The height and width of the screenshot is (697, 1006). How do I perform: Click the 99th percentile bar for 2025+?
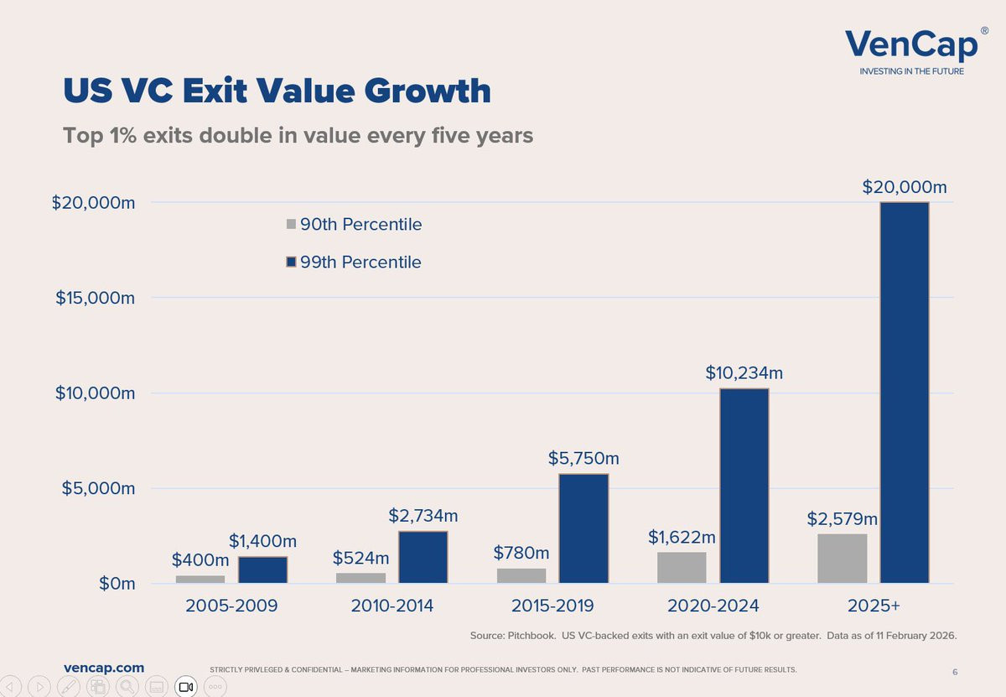(x=905, y=393)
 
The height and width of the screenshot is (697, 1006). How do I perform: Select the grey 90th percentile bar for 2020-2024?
(x=682, y=568)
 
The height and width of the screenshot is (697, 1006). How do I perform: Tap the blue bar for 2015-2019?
(x=583, y=528)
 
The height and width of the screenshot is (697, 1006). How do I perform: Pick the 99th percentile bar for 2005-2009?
(x=262, y=570)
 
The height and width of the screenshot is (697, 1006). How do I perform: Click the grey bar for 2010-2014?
(x=360, y=578)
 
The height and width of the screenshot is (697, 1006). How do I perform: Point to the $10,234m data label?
(x=744, y=372)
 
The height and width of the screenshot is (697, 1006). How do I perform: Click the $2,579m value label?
(x=842, y=518)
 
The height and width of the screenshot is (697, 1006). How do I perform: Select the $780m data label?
(x=521, y=553)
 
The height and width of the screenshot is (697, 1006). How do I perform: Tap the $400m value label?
(x=200, y=560)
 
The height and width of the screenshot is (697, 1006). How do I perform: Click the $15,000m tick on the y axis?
(x=95, y=298)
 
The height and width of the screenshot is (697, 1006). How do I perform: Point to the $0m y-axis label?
(x=117, y=583)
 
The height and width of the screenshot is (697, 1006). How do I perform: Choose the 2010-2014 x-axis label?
(x=392, y=606)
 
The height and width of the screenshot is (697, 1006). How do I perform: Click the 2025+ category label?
(x=874, y=606)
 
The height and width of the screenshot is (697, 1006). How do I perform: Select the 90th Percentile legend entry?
(x=354, y=224)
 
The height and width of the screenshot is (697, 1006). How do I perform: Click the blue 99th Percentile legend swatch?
(x=291, y=262)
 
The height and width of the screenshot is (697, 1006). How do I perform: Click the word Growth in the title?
(x=427, y=91)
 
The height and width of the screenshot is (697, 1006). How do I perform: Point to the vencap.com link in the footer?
(x=104, y=668)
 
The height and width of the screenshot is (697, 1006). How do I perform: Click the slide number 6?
(x=955, y=672)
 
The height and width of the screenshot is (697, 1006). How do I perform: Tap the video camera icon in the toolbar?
(x=186, y=687)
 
